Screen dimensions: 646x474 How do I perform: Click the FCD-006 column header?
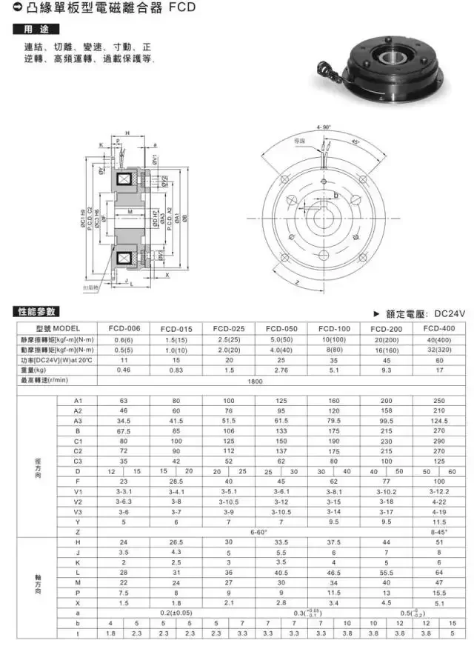[125, 328]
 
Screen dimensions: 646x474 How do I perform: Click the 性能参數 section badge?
[36, 311]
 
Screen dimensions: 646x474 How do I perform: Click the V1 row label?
[78, 490]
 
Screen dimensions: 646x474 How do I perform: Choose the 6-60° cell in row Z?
[254, 532]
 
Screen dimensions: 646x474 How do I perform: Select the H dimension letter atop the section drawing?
[127, 133]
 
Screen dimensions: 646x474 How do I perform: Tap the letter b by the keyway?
[336, 194]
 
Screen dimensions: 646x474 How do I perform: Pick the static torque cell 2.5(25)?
[229, 339]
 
